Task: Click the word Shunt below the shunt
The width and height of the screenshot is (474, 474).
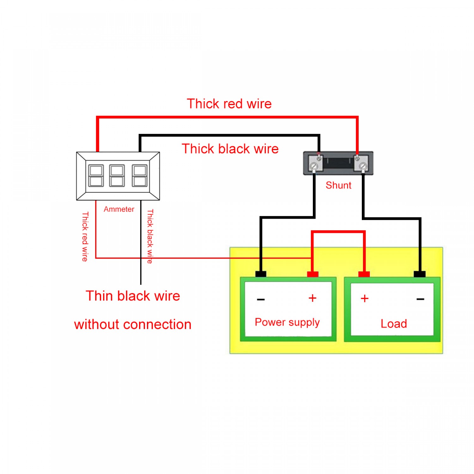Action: pos(338,185)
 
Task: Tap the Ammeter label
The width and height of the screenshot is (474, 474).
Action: pos(119,209)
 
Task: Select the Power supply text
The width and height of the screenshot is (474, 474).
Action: pos(287,322)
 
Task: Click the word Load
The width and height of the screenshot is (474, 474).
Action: pos(393,324)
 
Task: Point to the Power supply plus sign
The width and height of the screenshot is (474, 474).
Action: pos(312,298)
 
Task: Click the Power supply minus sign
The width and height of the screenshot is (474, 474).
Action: pos(261,299)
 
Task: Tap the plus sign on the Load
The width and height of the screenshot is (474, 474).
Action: pos(364,298)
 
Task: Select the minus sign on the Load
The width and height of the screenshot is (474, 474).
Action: pos(420,299)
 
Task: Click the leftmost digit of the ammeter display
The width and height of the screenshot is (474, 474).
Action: pos(96,176)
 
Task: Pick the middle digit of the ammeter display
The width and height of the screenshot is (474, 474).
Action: pos(117,176)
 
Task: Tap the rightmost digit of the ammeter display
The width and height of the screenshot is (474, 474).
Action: pos(139,176)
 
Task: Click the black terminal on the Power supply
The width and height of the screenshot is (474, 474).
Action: pos(261,274)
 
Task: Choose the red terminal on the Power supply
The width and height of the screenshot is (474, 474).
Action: pos(313,274)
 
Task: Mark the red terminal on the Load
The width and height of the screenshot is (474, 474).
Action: pos(364,274)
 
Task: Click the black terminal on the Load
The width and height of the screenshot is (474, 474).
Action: pos(419,274)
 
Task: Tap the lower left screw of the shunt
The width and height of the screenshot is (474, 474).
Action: pos(314,166)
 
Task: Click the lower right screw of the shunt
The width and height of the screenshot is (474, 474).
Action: pos(363,166)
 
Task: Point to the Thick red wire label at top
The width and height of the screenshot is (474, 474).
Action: pos(229,104)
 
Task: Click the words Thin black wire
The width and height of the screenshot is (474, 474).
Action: pos(133,296)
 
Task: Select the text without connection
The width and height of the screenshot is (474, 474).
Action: pos(133,325)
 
